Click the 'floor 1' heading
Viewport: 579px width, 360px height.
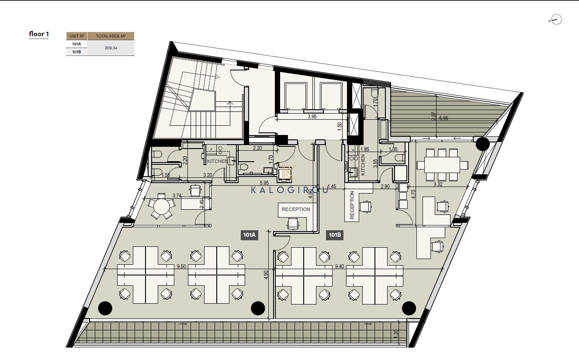tap(39, 34)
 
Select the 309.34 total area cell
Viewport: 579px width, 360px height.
tap(111, 48)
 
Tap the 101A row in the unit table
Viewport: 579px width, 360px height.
tap(76, 44)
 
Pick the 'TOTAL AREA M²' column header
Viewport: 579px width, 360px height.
tap(111, 36)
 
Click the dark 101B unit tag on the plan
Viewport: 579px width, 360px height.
tap(335, 235)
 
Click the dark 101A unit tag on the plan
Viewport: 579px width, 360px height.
tap(250, 235)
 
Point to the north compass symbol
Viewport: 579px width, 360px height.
tap(556, 20)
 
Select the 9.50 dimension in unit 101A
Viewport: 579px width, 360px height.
tap(181, 266)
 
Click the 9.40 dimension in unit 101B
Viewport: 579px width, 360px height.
tap(340, 266)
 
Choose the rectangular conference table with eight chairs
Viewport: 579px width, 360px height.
tap(442, 165)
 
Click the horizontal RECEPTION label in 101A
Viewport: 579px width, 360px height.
tap(296, 209)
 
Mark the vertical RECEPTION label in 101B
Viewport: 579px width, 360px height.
tap(352, 205)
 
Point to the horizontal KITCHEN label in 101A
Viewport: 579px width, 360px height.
tap(217, 161)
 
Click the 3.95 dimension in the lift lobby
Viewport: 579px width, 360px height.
tap(312, 117)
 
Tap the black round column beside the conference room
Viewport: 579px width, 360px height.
tap(483, 144)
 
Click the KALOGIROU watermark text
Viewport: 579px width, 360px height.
tap(290, 190)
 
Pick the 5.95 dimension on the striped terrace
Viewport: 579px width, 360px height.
tap(444, 118)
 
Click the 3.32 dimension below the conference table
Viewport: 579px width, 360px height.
tap(438, 184)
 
